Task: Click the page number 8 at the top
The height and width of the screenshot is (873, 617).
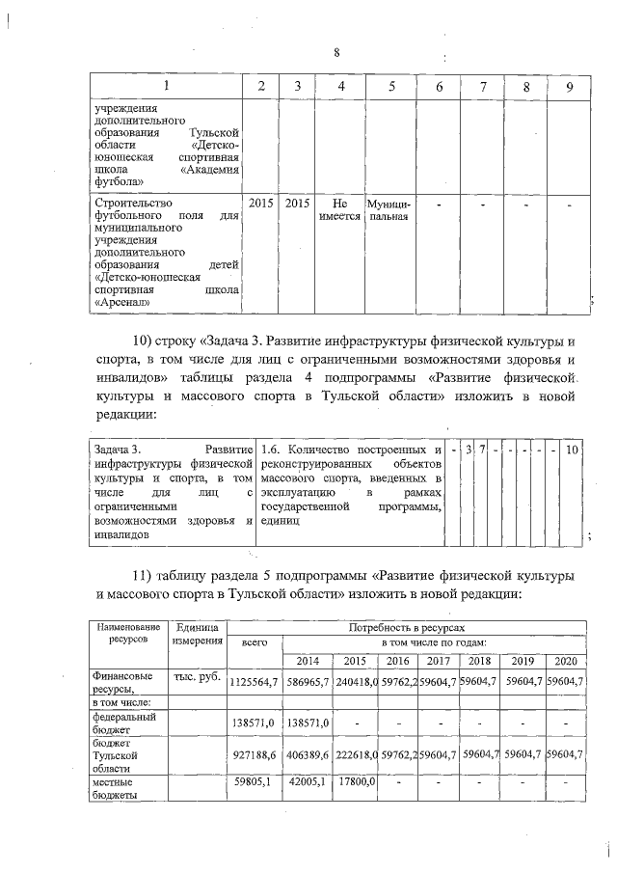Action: click(x=336, y=53)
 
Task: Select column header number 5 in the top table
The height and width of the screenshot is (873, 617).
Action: click(x=391, y=87)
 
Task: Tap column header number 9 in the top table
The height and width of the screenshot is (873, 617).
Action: click(x=571, y=87)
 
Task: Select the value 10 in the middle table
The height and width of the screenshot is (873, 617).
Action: click(x=573, y=450)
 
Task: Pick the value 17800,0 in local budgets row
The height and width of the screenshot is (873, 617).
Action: click(x=356, y=783)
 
